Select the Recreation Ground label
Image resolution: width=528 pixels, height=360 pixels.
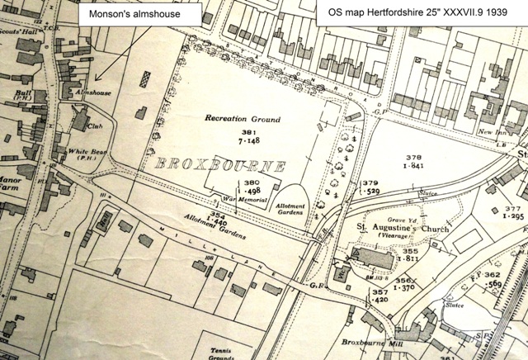pos(238,119)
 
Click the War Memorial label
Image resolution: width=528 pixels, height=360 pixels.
pos(235,199)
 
